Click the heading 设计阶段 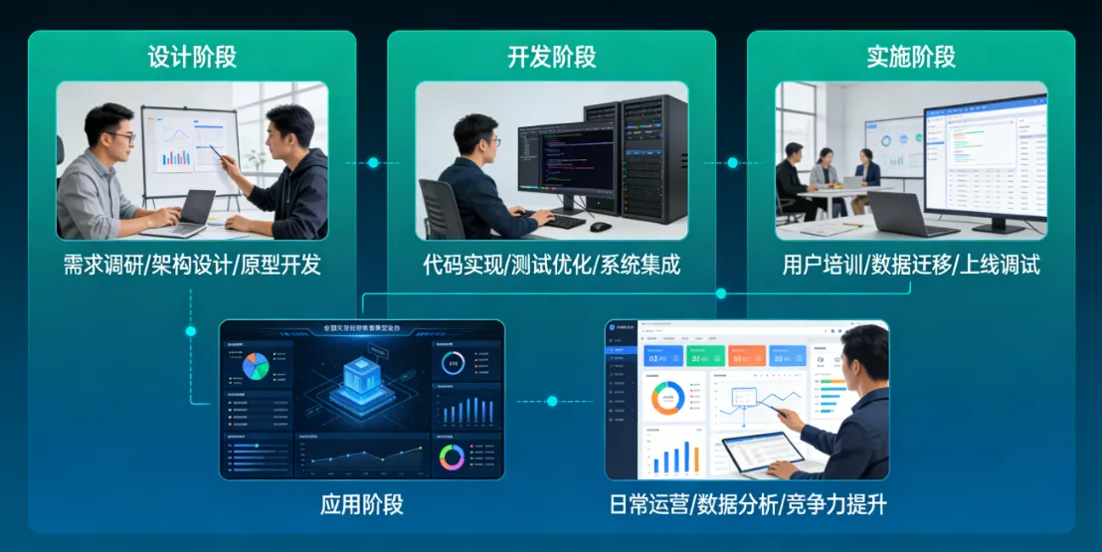tap(192, 57)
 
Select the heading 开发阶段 tap(551, 57)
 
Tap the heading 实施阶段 tap(911, 57)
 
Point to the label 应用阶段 tap(361, 503)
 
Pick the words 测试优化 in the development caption tap(551, 266)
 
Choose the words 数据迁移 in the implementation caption tap(911, 266)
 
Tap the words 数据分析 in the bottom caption tap(747, 504)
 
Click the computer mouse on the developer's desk tap(600, 227)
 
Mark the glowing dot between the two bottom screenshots tap(552, 401)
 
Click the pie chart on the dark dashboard tap(257, 366)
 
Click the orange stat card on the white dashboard tap(746, 355)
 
